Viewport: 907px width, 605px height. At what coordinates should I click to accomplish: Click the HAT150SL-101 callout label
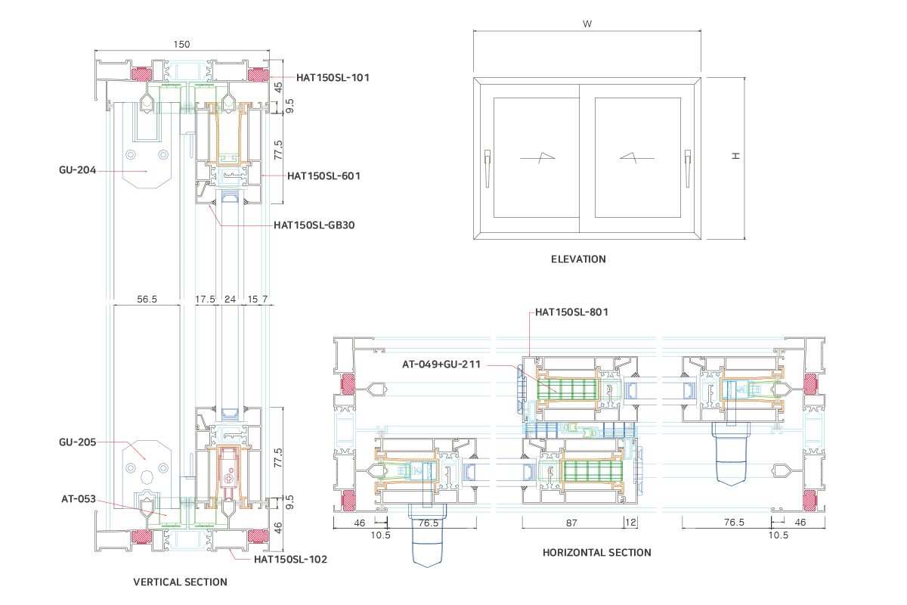pos(333,77)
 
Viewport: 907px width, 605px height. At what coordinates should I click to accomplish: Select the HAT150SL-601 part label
pos(323,175)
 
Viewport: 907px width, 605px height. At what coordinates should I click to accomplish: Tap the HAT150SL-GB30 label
pos(314,225)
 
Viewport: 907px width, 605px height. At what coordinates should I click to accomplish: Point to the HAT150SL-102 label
pos(290,560)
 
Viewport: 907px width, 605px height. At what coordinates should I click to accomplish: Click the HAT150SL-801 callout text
pos(571,312)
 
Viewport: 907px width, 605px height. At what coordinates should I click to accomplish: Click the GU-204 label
pos(77,170)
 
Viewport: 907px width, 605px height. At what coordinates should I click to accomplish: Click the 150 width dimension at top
pos(181,45)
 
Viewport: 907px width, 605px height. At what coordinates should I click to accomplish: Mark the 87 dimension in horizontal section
pos(571,523)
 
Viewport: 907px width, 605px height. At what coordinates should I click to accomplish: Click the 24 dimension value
pos(231,299)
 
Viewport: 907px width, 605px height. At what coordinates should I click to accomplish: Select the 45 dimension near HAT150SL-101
pos(277,88)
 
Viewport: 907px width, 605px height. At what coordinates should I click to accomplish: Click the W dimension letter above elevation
pos(587,23)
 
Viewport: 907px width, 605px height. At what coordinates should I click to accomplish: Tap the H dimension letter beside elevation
pos(735,155)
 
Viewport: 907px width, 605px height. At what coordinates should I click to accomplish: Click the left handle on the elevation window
pos(488,162)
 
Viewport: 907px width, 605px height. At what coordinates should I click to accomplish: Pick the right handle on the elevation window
pos(688,162)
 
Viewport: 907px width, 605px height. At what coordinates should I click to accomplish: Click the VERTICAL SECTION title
pos(180,582)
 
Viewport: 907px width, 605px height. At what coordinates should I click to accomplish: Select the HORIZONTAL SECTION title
pos(596,553)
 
